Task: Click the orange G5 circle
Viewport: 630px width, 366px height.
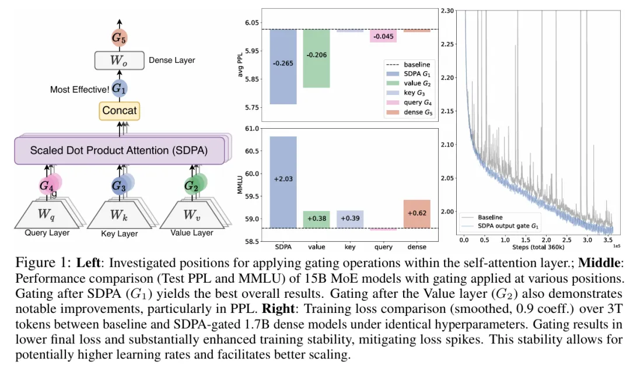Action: tap(118, 38)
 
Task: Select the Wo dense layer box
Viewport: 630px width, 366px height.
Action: tap(118, 60)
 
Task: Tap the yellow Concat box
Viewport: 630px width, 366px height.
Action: tap(119, 110)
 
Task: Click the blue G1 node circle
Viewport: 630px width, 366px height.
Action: tap(119, 89)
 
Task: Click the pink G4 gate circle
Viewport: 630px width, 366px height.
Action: tap(47, 186)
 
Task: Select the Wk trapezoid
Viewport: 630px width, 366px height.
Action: tap(118, 214)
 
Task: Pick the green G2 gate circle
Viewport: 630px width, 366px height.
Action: tap(191, 186)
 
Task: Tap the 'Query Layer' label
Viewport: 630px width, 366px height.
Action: tap(47, 233)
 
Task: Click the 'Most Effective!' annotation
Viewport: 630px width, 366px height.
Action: tap(79, 89)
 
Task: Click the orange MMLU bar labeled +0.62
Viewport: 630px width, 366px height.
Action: tap(416, 213)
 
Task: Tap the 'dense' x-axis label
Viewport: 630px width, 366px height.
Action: tap(416, 239)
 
